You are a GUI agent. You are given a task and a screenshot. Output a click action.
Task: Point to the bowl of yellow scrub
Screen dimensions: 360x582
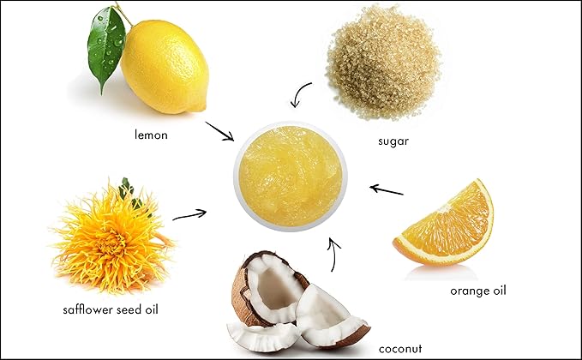pyautogui.click(x=291, y=175)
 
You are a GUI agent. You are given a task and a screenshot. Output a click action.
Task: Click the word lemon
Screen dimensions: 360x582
pyautogui.click(x=151, y=134)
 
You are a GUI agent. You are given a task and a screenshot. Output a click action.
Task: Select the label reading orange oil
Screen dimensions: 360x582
pyautogui.click(x=478, y=291)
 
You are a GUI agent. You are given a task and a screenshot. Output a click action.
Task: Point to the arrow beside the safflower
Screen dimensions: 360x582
pyautogui.click(x=190, y=213)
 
